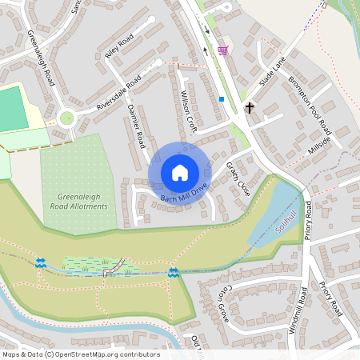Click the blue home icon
tap(180, 172)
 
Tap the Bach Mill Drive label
tap(183, 191)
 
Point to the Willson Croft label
tap(190, 110)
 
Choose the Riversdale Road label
tap(118, 94)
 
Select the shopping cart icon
tap(222, 50)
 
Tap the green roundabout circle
tap(66, 118)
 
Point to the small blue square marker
tap(221, 99)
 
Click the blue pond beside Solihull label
tap(272, 210)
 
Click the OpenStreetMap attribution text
tap(80, 354)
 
